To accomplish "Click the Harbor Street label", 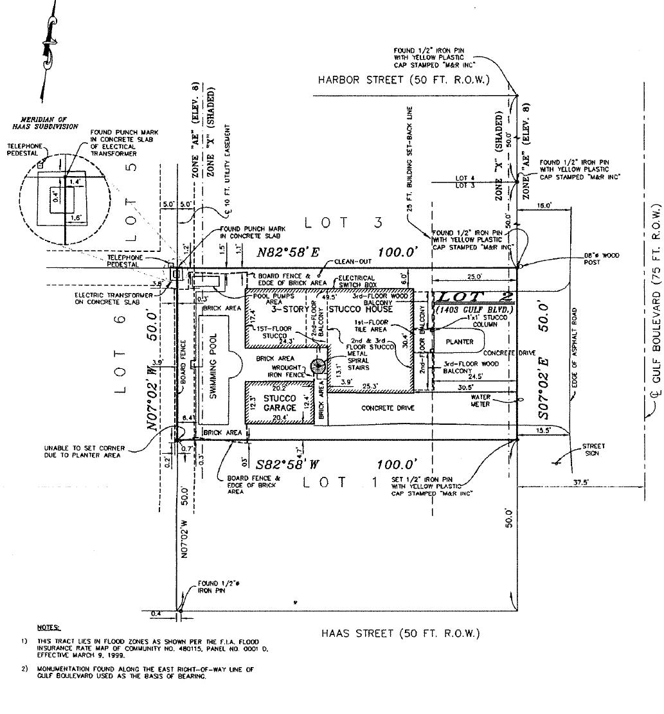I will coord(404,80).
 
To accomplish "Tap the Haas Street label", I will coord(400,634).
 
